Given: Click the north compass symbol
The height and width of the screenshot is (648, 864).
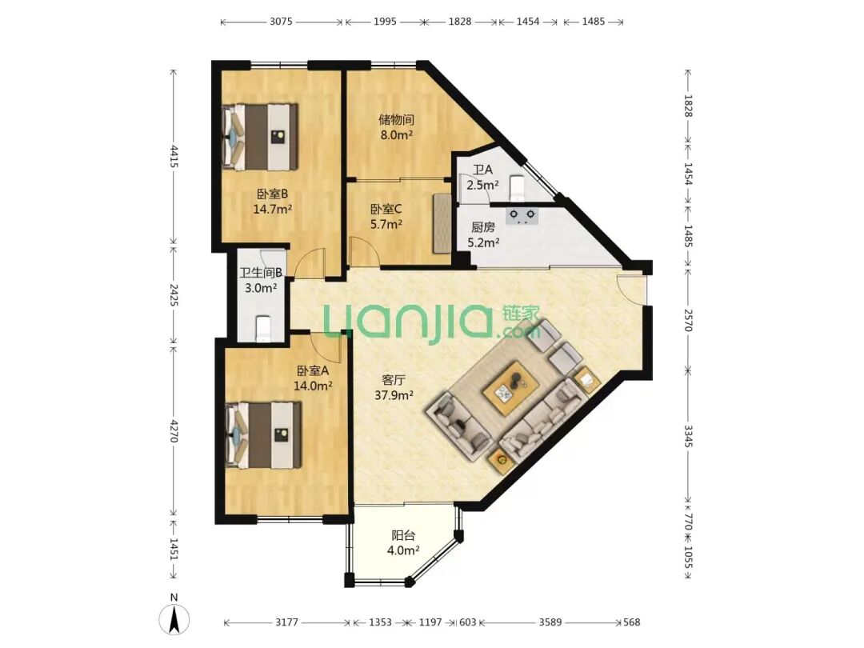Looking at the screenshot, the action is pyautogui.click(x=174, y=616).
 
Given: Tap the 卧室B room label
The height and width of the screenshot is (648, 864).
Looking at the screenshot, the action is pyautogui.click(x=272, y=194).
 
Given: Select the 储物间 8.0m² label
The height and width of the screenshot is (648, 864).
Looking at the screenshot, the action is pyautogui.click(x=396, y=127).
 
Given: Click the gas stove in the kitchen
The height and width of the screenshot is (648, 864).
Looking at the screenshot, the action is pyautogui.click(x=522, y=214).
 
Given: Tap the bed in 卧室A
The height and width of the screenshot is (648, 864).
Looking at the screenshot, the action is pyautogui.click(x=263, y=434).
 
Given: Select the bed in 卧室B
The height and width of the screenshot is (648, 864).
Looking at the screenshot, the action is pyautogui.click(x=259, y=137).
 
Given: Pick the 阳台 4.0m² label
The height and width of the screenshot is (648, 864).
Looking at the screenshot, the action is pyautogui.click(x=403, y=542).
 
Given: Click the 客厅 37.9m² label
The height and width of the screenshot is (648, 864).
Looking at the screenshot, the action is pyautogui.click(x=394, y=387).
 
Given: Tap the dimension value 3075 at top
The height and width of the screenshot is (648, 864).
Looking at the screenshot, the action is pyautogui.click(x=281, y=22).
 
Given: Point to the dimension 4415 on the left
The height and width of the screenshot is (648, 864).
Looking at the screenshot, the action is pyautogui.click(x=174, y=157).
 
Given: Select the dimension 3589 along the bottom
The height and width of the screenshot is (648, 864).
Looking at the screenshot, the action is pyautogui.click(x=550, y=622).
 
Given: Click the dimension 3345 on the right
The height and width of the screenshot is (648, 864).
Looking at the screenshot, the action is pyautogui.click(x=688, y=436).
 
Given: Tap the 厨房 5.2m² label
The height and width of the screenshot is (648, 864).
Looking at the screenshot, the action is pyautogui.click(x=483, y=234).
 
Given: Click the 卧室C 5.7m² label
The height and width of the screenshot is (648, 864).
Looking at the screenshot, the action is pyautogui.click(x=386, y=217).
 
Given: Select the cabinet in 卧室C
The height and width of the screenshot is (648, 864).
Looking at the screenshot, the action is pyautogui.click(x=442, y=223).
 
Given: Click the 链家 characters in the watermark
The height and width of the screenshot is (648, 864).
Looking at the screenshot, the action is pyautogui.click(x=521, y=314).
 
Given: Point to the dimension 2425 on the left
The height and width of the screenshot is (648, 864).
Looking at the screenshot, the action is pyautogui.click(x=174, y=295).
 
